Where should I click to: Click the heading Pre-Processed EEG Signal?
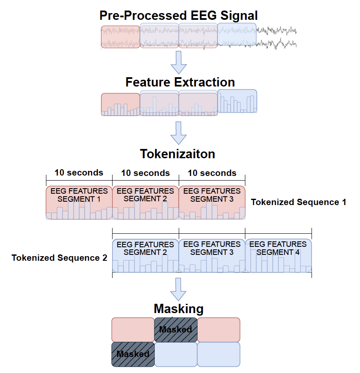coord(178,16)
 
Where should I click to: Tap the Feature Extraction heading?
coord(180,82)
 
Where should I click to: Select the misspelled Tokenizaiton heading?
coord(177,154)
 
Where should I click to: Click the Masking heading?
coord(179,309)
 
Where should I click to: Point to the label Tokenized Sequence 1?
coord(298,202)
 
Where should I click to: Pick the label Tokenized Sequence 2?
coord(59,258)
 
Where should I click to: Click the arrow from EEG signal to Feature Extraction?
coord(179,62)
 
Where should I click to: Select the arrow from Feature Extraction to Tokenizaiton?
coord(179,133)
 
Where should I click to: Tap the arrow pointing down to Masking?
coord(179,289)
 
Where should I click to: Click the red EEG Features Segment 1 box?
coord(79,203)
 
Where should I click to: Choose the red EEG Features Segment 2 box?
coord(145,203)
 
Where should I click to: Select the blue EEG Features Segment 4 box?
coord(278,256)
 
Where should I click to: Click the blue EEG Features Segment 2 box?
coord(145,256)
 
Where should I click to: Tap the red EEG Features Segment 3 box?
coord(212,203)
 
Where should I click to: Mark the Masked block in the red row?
coord(176,330)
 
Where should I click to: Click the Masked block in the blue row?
coord(133,354)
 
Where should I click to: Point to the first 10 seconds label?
coord(79,173)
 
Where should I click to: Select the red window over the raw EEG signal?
coord(121,37)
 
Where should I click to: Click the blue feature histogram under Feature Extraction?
coord(237,101)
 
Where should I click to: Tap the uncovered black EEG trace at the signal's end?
coord(277,38)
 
